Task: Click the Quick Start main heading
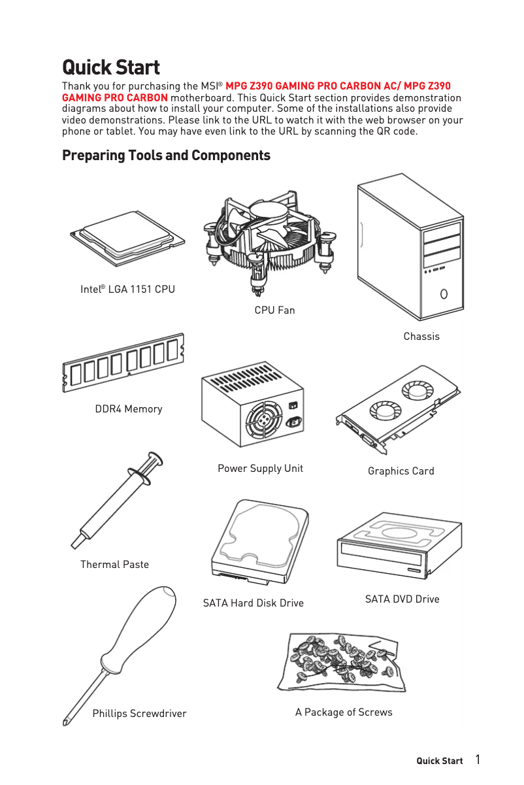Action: tap(110, 67)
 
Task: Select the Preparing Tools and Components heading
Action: tap(166, 156)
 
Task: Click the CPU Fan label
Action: tap(274, 310)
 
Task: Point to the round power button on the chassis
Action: tap(444, 293)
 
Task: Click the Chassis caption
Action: tap(421, 336)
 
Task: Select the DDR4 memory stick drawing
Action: tap(123, 363)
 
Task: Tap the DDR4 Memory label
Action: tap(129, 409)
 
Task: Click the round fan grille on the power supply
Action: tap(264, 420)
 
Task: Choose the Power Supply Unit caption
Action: tap(260, 468)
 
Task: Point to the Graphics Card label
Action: tap(401, 471)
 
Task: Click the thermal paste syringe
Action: tap(118, 500)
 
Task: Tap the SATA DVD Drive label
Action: tap(402, 599)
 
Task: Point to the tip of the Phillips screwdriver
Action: tap(66, 723)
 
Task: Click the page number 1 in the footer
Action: tap(478, 760)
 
